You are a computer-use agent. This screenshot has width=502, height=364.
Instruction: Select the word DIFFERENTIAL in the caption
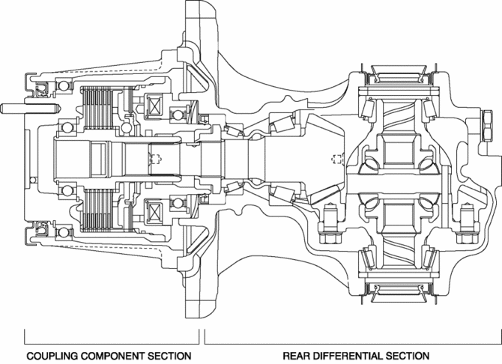pyautogui.click(x=351, y=355)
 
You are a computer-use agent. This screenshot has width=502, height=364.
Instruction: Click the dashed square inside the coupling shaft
pyautogui.click(x=156, y=159)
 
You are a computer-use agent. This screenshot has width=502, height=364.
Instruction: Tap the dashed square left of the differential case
pyautogui.click(x=336, y=158)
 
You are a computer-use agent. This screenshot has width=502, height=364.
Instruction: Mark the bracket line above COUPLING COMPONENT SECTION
pyautogui.click(x=112, y=341)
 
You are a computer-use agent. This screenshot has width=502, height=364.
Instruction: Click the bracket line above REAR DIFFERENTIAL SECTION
pyautogui.click(x=351, y=341)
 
